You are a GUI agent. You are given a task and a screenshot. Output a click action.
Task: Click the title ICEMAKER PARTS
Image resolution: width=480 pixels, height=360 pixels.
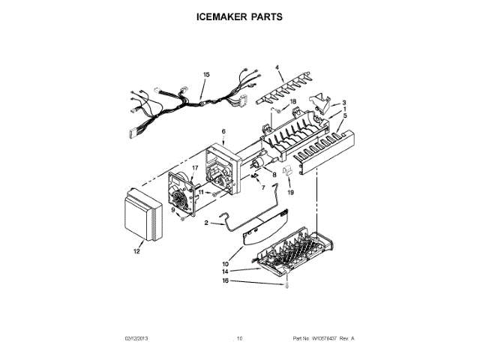click(239, 16)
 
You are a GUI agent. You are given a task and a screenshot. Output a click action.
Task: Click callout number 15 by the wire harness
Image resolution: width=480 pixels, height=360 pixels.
click(206, 74)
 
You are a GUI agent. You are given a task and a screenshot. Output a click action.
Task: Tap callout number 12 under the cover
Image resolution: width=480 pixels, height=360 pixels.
click(136, 252)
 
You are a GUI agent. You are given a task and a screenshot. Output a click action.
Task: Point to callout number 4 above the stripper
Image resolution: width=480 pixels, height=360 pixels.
click(277, 67)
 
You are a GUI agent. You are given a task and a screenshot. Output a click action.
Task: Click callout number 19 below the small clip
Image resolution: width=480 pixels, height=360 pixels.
click(291, 192)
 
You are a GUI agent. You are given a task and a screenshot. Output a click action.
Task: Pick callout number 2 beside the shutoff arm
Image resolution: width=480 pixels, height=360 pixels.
click(207, 222)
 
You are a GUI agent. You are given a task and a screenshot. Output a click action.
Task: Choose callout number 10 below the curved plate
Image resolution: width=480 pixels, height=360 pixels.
click(225, 263)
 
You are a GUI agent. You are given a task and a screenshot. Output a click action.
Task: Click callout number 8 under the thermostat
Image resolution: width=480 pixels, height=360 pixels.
click(274, 175)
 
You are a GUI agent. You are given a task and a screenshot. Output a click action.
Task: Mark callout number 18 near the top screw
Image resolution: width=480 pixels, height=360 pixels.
click(293, 100)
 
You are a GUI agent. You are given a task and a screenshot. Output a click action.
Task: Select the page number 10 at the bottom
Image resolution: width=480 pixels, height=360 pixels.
click(240, 339)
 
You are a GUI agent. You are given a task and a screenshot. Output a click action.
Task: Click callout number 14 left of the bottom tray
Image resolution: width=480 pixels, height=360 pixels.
click(224, 271)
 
